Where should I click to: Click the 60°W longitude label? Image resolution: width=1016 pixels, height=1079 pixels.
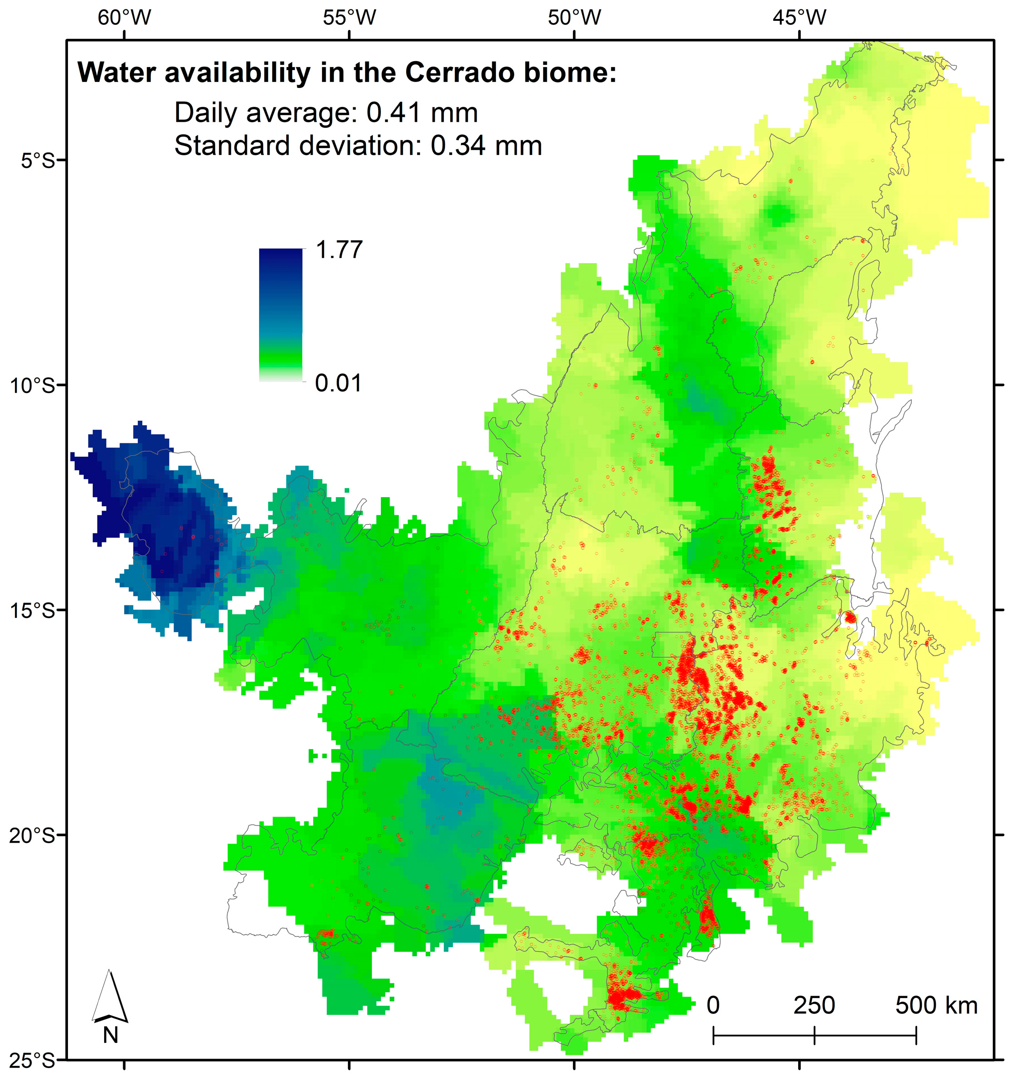[125, 18]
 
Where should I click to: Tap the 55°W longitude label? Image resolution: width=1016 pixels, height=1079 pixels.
[349, 18]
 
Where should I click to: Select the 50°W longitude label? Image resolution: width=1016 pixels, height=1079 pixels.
[574, 18]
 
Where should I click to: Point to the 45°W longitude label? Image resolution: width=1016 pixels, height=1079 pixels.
[799, 18]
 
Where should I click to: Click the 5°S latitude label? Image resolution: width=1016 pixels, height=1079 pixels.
[39, 161]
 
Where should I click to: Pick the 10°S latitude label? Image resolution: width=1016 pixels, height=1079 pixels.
[33, 386]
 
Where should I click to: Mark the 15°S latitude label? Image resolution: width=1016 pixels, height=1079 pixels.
[33, 611]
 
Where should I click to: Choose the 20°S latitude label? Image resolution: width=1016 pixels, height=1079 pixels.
[33, 835]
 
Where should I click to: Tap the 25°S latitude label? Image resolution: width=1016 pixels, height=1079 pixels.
[33, 1060]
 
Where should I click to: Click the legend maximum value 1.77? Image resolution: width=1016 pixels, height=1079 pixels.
[339, 250]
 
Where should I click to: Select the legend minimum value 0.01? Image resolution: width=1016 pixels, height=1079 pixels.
[338, 383]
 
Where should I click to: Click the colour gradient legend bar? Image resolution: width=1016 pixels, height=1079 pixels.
[281, 315]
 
